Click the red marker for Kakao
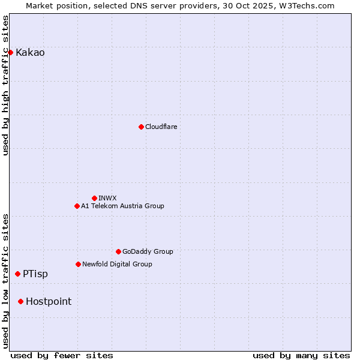[10, 52]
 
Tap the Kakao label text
[30, 53]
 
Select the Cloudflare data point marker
[141, 127]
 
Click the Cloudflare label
[161, 127]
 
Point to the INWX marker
[94, 198]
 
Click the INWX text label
[107, 199]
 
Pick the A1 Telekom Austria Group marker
[77, 206]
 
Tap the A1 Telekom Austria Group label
[122, 206]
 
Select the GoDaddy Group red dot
[118, 251]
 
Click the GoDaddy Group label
[147, 252]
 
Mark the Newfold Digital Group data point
[78, 264]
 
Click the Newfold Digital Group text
[117, 265]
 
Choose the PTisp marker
[17, 274]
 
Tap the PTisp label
[35, 274]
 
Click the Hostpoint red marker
[20, 301]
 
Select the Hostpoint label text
[49, 302]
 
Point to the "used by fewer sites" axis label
[62, 355]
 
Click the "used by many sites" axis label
[301, 355]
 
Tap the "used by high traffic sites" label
[6, 85]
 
